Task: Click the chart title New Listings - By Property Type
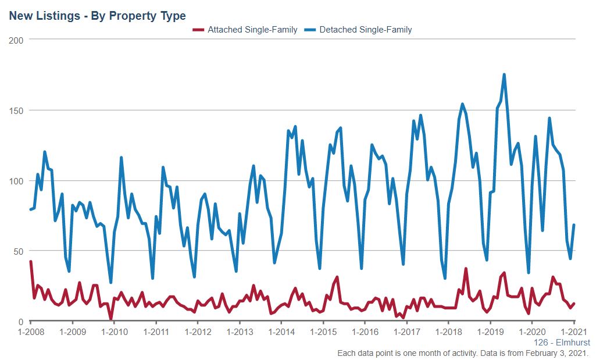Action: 97,16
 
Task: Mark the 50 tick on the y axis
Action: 19,251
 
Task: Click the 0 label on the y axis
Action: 21,322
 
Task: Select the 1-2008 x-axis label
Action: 30,332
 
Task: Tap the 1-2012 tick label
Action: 198,332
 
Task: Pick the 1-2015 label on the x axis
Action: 323,332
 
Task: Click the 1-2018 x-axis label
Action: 448,332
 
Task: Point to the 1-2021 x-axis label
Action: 574,332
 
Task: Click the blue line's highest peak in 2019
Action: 504,74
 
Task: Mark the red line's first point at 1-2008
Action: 31,262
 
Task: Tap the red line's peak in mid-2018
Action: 466,269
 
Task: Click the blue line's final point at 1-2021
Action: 574,225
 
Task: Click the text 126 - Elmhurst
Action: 562,343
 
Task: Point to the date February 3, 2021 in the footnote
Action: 555,353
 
